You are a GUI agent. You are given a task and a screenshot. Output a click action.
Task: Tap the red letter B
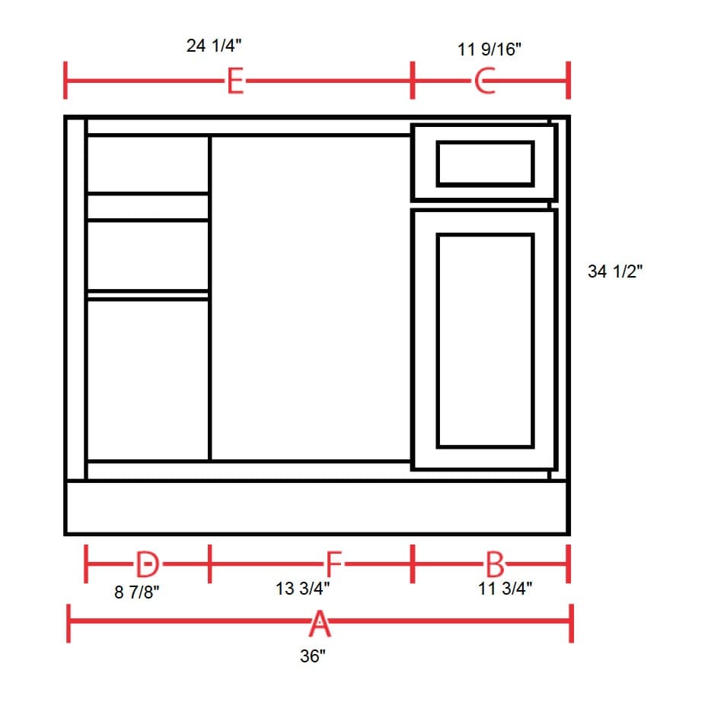tap(494, 564)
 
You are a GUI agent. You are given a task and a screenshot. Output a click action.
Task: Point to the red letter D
tap(147, 564)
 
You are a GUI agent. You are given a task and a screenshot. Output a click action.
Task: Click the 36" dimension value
tap(312, 656)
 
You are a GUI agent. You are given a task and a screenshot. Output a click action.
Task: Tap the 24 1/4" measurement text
tap(215, 46)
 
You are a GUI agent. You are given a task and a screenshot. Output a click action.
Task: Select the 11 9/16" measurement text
tap(489, 50)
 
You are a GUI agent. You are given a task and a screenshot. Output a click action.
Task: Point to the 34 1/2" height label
tap(615, 271)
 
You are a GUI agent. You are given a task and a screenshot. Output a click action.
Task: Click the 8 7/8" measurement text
tap(137, 592)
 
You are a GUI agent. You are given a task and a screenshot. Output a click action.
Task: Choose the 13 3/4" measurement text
tap(303, 589)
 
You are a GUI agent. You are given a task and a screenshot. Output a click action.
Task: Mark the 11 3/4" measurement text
tap(505, 589)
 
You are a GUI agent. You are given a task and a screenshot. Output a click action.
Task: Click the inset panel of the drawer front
tap(485, 163)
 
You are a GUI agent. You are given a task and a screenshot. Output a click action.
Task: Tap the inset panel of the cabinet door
tap(485, 340)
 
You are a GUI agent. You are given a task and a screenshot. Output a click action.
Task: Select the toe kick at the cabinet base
tap(317, 507)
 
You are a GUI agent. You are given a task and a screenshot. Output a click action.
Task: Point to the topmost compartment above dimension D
tap(148, 164)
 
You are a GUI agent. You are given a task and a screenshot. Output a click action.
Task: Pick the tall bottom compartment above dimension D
tap(148, 379)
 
